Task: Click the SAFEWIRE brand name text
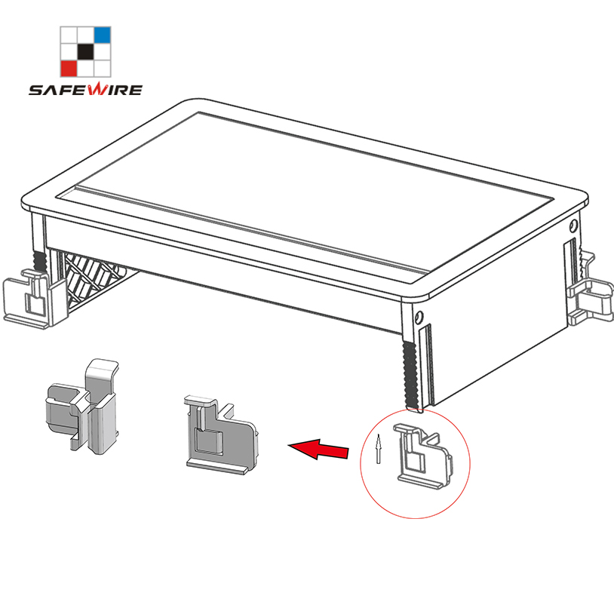click(x=85, y=89)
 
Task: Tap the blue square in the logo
click(x=103, y=35)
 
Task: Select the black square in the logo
click(x=85, y=51)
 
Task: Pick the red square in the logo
click(x=69, y=69)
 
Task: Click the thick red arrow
click(x=318, y=448)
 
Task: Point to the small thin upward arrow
click(x=378, y=449)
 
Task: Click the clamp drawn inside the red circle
click(x=423, y=456)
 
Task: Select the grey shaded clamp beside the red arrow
click(x=222, y=434)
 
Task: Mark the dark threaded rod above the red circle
click(x=410, y=375)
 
